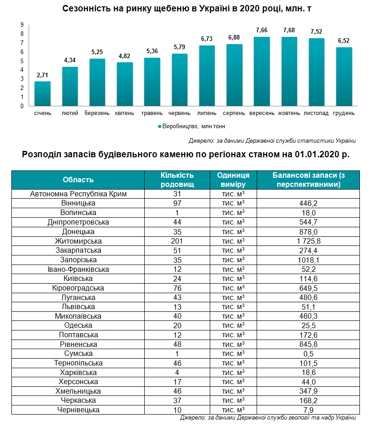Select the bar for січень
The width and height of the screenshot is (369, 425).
43,94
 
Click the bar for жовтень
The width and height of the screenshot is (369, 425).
289,71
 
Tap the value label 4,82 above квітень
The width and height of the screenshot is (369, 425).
125,56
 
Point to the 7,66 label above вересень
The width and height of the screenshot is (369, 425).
262,30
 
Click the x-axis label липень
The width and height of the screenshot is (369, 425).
207,113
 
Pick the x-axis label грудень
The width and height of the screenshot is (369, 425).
344,113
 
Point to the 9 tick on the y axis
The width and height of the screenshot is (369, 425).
22,25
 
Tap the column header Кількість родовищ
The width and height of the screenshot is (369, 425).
177,180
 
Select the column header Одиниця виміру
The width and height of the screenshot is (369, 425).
233,180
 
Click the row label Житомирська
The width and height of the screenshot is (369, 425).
78,241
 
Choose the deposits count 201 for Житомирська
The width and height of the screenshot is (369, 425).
177,241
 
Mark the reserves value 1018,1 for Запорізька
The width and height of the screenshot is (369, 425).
308,260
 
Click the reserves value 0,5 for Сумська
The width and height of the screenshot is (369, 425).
308,354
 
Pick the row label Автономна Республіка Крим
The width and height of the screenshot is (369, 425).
78,194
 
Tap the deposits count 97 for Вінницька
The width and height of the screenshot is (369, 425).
177,203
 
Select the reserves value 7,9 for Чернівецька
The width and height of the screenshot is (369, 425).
308,410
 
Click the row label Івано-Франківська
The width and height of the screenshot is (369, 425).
78,269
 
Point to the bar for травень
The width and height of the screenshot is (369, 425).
152,82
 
